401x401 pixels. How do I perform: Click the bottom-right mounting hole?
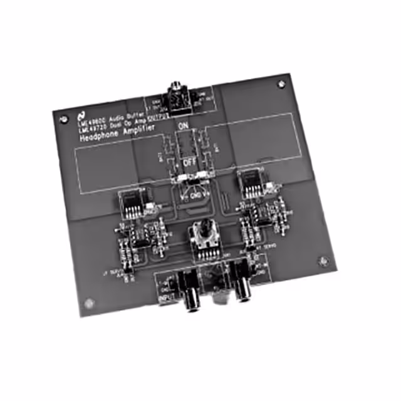[322, 261]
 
